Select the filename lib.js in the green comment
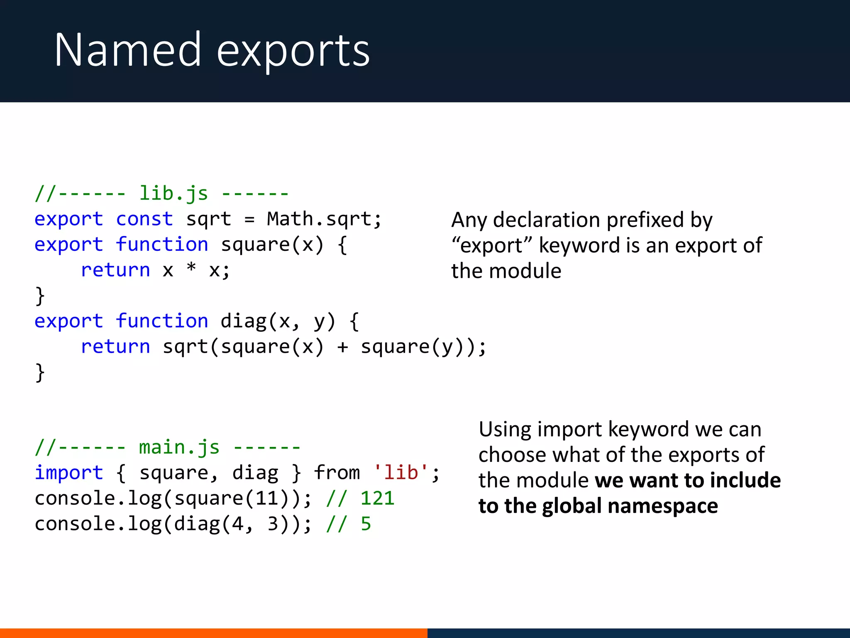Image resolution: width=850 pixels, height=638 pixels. coord(173,194)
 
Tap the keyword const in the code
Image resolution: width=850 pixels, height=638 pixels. coord(144,219)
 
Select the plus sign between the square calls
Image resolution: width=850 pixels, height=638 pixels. coord(342,347)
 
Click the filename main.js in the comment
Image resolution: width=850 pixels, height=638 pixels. coord(179,447)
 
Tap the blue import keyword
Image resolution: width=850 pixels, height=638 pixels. coord(68,473)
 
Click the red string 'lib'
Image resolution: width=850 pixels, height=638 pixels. coord(401,473)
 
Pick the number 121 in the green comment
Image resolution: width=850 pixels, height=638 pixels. coord(377,498)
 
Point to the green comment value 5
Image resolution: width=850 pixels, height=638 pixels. coord(366,524)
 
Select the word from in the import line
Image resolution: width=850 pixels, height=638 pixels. coord(337,473)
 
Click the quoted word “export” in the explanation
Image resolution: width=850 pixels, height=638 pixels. coord(492,245)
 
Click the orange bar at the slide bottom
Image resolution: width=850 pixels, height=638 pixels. coord(213,633)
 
